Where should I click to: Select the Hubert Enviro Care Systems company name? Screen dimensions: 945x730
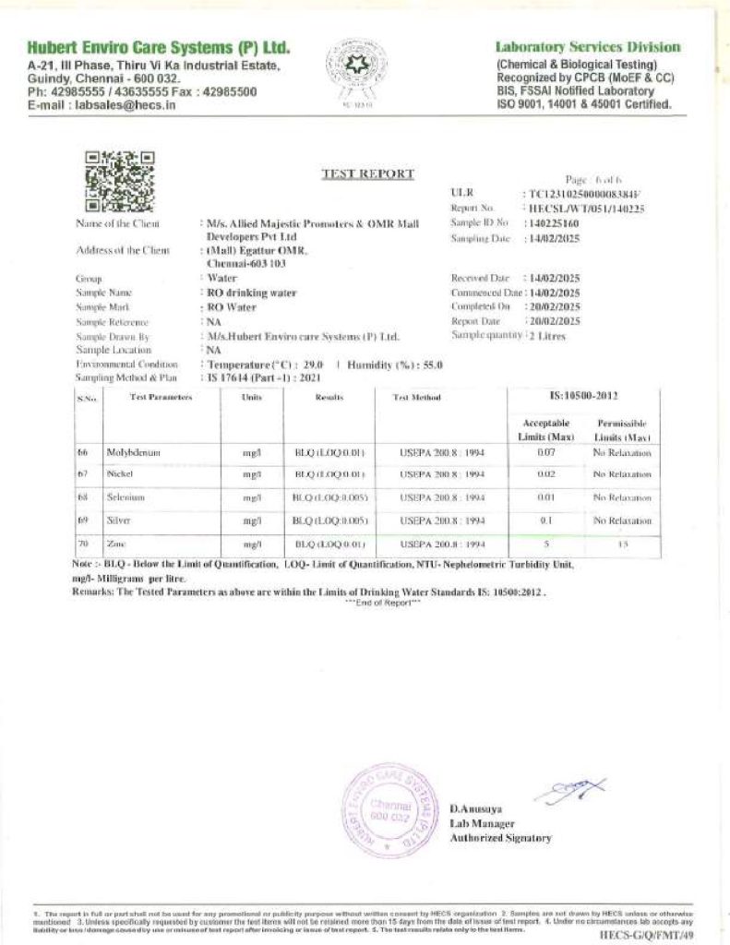(x=159, y=47)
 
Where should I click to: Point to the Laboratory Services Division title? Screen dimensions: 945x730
(x=588, y=47)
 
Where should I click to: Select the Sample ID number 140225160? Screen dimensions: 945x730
(x=552, y=223)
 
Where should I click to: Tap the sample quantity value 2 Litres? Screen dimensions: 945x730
(x=546, y=336)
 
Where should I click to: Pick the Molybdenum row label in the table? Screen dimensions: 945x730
(x=129, y=453)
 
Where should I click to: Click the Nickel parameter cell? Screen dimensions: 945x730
(x=121, y=474)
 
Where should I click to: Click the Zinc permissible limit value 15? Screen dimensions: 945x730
(x=622, y=544)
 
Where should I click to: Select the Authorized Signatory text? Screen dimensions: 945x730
(x=500, y=838)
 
